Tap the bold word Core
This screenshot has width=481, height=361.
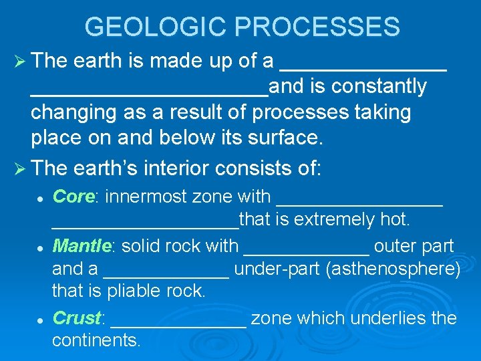pyautogui.click(x=74, y=197)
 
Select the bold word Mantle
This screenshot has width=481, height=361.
pyautogui.click(x=81, y=246)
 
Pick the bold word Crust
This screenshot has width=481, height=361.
pyautogui.click(x=77, y=318)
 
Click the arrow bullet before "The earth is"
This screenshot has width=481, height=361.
pyautogui.click(x=19, y=62)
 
